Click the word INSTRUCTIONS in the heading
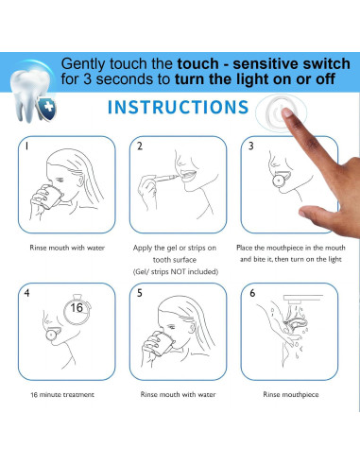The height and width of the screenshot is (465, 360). [178, 107]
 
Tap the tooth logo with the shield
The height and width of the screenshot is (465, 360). [33, 95]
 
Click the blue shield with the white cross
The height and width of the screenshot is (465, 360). [47, 108]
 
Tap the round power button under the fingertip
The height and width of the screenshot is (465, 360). [280, 112]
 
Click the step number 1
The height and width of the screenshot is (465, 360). [27, 146]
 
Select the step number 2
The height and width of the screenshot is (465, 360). [140, 146]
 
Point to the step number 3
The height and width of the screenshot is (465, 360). [250, 146]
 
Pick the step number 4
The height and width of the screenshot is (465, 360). [27, 293]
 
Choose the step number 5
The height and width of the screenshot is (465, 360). [140, 293]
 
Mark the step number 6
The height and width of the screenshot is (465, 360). [252, 293]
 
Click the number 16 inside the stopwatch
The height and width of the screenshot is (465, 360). [77, 307]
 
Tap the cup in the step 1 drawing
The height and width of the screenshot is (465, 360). [50, 196]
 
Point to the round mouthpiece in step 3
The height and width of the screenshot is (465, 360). [279, 181]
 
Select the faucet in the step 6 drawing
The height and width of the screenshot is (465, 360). [301, 299]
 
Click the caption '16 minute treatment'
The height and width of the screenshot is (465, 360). [62, 394]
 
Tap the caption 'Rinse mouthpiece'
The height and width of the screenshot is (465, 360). [291, 395]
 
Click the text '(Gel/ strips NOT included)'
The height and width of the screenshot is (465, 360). [176, 271]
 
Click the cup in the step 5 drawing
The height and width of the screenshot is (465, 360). [162, 343]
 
